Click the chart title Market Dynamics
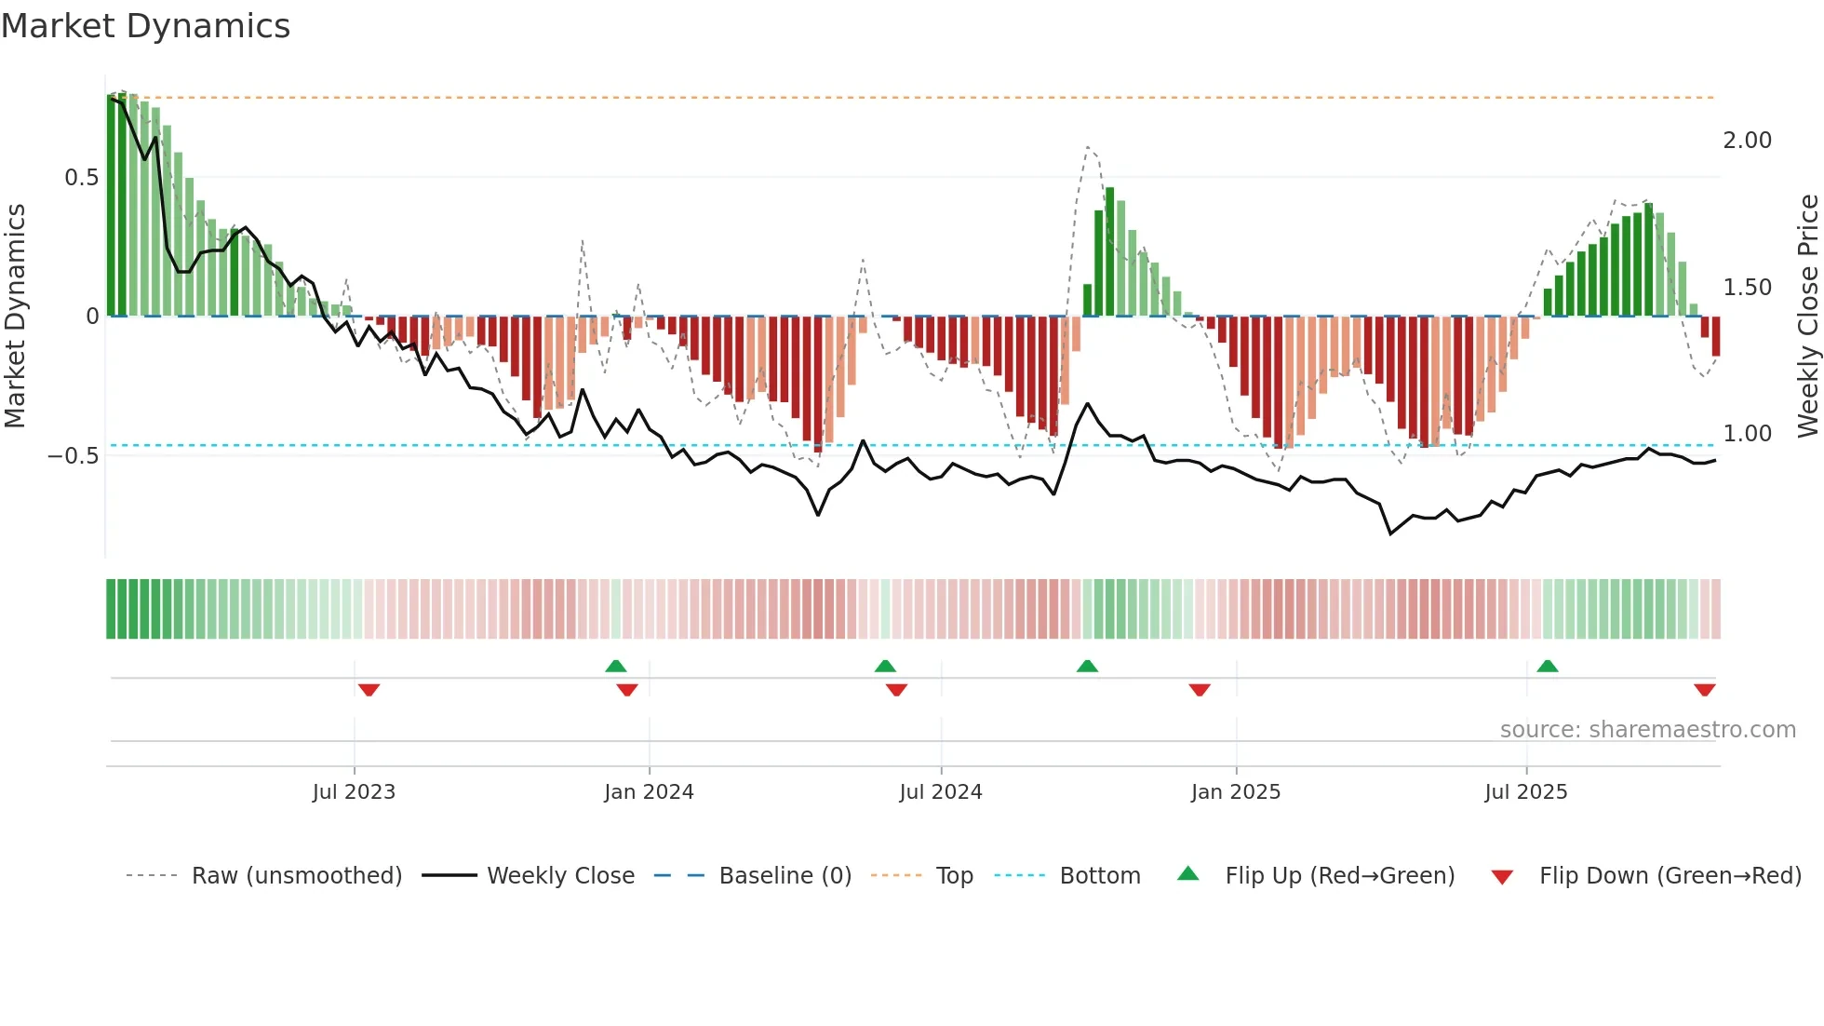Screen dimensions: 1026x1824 coord(146,26)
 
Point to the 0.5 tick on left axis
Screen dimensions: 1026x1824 coord(81,178)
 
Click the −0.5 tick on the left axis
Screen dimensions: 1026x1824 coord(74,455)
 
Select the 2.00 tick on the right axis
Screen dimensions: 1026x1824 coord(1747,141)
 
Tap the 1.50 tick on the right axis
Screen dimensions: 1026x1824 coord(1747,288)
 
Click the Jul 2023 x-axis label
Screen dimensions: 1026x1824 coord(354,792)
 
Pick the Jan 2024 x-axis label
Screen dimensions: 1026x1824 coord(649,792)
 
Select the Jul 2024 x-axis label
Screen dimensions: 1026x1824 coord(940,792)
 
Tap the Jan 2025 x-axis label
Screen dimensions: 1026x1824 coord(1235,792)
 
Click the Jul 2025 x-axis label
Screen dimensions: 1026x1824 coord(1525,792)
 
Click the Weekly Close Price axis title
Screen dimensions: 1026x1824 coord(1807,316)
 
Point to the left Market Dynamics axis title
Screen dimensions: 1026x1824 coord(15,316)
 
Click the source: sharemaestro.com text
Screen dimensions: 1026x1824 coord(1647,730)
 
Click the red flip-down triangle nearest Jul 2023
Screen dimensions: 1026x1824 coord(369,690)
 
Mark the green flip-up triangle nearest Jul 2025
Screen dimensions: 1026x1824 coord(1547,667)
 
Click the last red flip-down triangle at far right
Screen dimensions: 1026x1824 coord(1704,690)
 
